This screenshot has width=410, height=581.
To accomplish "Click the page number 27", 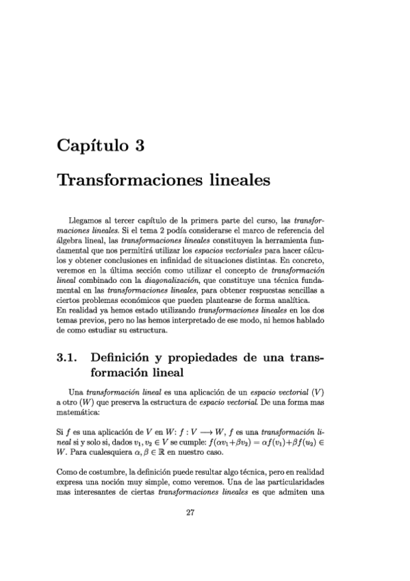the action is click(191, 534).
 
